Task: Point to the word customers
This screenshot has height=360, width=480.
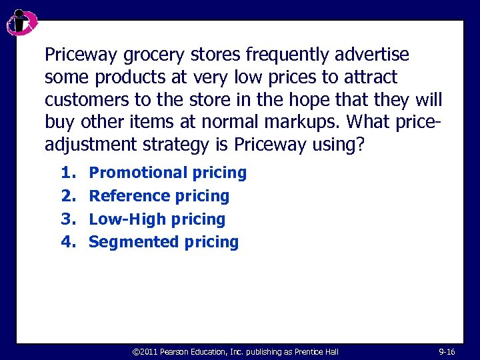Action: (81, 100)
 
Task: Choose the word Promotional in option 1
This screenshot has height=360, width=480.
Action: (138, 173)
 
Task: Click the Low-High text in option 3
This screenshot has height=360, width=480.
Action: (127, 219)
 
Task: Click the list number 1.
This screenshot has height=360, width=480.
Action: (67, 173)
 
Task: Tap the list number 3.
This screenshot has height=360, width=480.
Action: (67, 219)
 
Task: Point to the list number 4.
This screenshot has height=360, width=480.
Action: (67, 242)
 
